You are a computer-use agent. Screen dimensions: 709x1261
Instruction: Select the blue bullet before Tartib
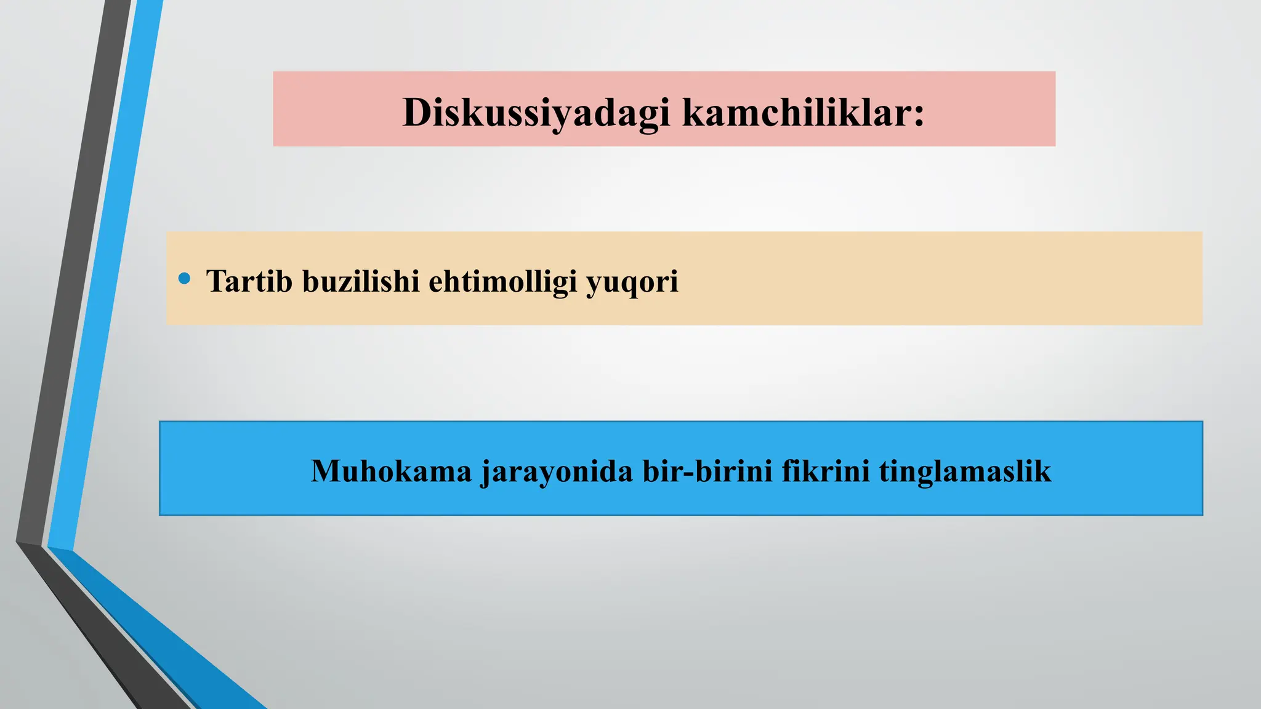click(184, 279)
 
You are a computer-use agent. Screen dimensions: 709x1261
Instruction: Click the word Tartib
click(249, 281)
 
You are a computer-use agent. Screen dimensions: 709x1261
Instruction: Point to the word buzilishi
click(360, 281)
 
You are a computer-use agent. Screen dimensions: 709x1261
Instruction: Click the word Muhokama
click(391, 471)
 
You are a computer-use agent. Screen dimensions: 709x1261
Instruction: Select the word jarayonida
click(557, 472)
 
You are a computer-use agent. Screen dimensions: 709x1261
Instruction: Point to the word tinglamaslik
click(965, 472)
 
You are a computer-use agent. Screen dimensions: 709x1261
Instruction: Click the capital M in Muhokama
click(327, 471)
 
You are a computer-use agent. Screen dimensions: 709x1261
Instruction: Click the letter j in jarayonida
click(486, 473)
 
